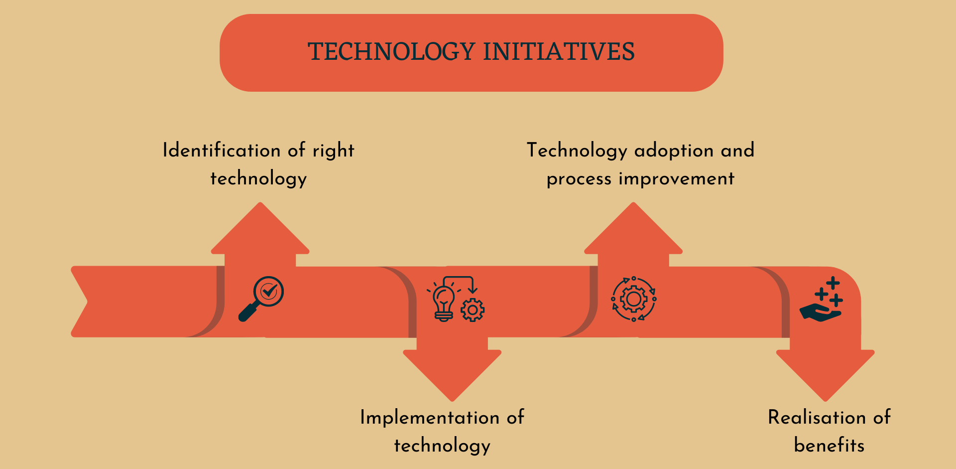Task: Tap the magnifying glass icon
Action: click(262, 298)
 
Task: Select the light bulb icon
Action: click(443, 302)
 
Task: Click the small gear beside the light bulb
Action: click(473, 310)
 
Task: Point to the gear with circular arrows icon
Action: click(633, 299)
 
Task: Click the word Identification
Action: click(222, 150)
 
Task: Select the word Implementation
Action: click(429, 418)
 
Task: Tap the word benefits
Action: click(829, 445)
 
